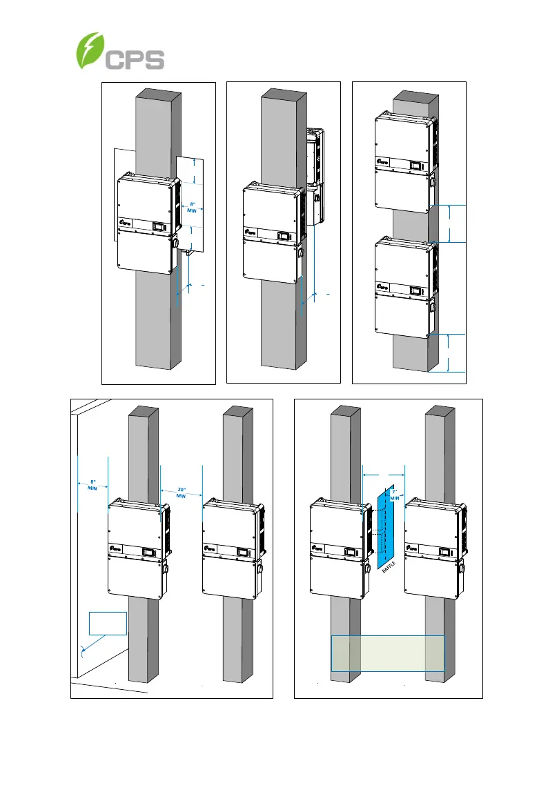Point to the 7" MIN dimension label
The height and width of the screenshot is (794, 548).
[x=395, y=493]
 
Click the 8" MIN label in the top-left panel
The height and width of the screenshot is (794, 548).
[x=193, y=208]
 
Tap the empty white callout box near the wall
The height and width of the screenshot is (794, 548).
[x=108, y=623]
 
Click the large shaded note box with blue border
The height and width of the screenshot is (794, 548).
[x=388, y=653]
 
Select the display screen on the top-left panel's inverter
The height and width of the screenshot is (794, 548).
[x=159, y=226]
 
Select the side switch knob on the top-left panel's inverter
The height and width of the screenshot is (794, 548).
[x=177, y=243]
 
